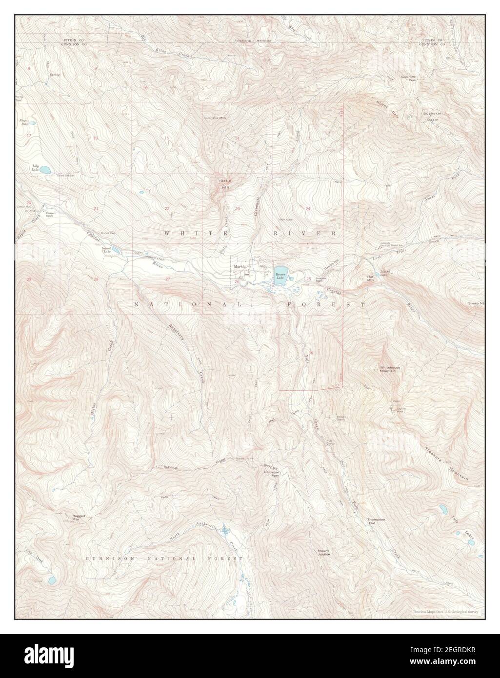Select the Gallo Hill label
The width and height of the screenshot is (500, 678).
click(225, 184)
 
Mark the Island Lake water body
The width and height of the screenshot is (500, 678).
click(117, 250)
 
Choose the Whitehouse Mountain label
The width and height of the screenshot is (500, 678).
click(388, 369)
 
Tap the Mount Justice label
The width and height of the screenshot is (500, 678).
click(323, 553)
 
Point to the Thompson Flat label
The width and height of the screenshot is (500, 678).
click(376, 521)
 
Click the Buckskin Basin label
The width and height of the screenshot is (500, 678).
click(432, 116)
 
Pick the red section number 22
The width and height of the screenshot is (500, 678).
click(167, 209)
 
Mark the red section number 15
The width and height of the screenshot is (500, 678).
click(166, 138)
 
